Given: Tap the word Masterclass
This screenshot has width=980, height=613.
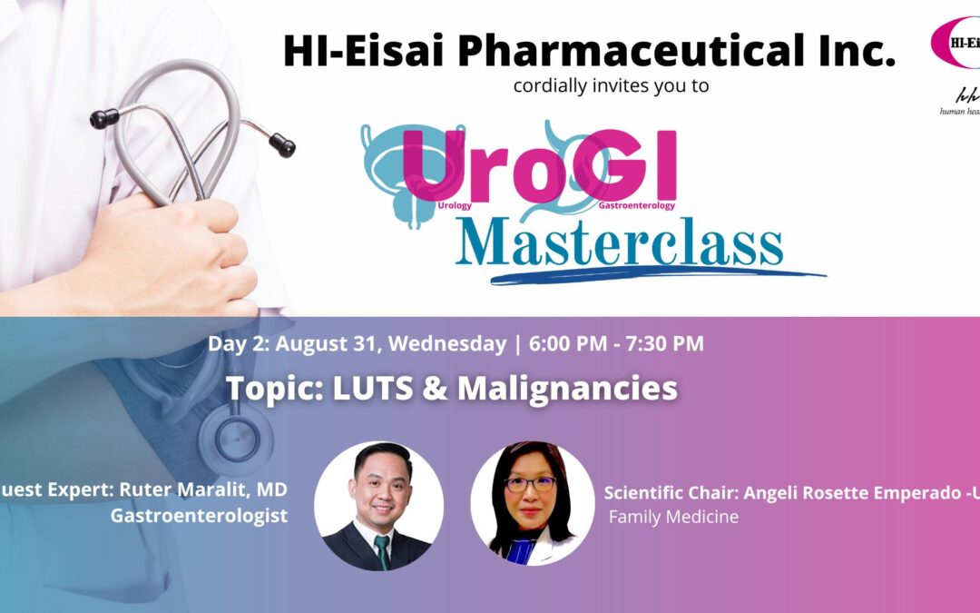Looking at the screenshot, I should click(620, 242).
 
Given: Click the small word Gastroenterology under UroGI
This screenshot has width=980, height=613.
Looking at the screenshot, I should click(636, 206).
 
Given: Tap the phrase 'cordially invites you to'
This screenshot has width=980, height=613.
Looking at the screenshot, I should click(611, 87).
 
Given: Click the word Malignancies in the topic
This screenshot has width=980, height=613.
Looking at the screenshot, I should click(567, 388).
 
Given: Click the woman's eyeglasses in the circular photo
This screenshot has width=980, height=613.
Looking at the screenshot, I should click(530, 484).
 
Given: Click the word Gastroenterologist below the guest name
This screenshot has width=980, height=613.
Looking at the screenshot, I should click(199, 516).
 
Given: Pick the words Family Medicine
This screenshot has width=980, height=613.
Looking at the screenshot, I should click(673, 517).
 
